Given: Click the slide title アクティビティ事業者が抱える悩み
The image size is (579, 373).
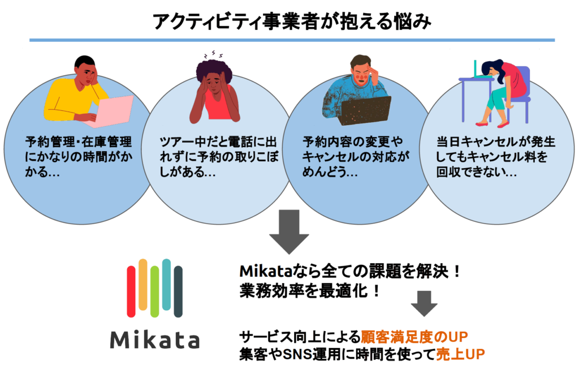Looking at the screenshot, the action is pyautogui.click(x=292, y=21).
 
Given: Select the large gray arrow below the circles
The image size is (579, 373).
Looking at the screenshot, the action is pyautogui.click(x=289, y=231).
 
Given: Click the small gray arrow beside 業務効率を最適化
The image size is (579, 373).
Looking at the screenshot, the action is pyautogui.click(x=424, y=303).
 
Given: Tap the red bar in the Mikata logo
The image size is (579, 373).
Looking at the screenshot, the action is pyautogui.click(x=131, y=291).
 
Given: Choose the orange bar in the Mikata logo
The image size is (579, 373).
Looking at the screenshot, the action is pyautogui.click(x=143, y=284).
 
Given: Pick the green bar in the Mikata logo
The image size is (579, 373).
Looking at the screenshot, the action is pyautogui.click(x=155, y=291).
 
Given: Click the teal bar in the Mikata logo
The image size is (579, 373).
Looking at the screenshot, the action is pyautogui.click(x=167, y=284).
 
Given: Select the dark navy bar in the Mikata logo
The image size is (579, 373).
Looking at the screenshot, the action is pyautogui.click(x=178, y=291).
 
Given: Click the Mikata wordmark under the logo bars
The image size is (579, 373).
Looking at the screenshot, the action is pyautogui.click(x=155, y=340).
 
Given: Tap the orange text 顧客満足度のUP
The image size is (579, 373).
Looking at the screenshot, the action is pyautogui.click(x=414, y=337).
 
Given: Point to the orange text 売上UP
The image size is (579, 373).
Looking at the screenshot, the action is pyautogui.click(x=460, y=354).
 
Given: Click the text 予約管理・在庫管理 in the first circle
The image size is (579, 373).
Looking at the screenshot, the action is pyautogui.click(x=78, y=142).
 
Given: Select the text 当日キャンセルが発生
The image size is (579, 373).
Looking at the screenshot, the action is pyautogui.click(x=496, y=142).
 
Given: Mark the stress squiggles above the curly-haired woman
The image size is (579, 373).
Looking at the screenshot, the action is pyautogui.click(x=213, y=55).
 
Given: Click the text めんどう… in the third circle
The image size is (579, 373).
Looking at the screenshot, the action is pyautogui.click(x=330, y=172).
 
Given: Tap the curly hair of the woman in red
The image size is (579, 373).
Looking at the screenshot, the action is pyautogui.click(x=214, y=71).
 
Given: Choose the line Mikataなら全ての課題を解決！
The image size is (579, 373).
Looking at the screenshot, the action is pyautogui.click(x=350, y=272).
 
